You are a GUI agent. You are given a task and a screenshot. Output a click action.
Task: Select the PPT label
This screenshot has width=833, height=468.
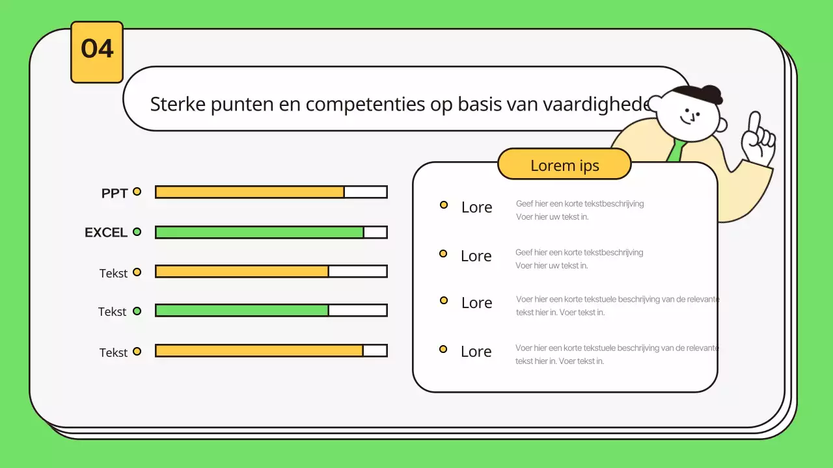pos(115,193)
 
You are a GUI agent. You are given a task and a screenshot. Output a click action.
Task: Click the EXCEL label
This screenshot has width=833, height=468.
pos(106,233)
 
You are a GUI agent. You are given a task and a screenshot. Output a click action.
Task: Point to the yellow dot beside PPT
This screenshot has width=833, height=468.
pos(137,192)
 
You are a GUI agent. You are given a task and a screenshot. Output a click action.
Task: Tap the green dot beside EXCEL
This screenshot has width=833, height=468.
pos(137,231)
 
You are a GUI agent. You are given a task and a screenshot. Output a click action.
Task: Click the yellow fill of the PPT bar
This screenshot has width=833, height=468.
pos(250,192)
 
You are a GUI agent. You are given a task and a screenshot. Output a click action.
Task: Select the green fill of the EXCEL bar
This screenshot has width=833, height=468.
pos(260,232)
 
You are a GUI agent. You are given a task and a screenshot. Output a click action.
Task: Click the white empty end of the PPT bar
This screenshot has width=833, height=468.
pos(365,192)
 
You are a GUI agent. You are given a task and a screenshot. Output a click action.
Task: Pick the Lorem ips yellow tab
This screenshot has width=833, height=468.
pos(564,165)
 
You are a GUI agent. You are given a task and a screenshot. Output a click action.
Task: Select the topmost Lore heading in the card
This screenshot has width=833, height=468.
pos(476,207)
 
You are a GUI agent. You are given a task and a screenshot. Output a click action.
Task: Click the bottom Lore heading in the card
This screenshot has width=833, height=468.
pos(476,352)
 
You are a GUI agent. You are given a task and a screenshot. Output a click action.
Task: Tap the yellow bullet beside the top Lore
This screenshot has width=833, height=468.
pos(444,205)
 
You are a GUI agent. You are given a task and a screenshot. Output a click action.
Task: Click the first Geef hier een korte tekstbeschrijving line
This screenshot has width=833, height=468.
pos(580,203)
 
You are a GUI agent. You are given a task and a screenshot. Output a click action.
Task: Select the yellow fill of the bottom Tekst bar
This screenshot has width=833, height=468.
pos(259,351)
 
